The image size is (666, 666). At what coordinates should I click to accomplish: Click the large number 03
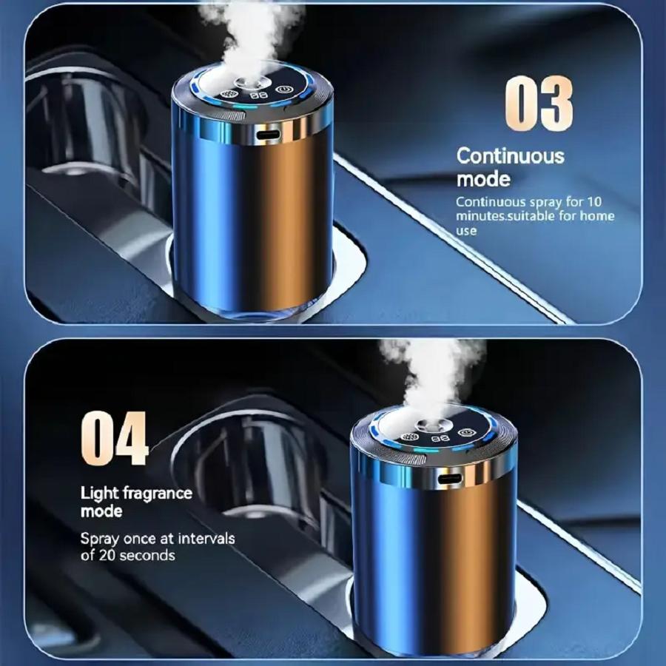pos(539,104)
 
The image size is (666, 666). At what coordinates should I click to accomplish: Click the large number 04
pos(115,437)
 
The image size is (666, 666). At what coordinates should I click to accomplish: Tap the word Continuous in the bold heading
pos(510,156)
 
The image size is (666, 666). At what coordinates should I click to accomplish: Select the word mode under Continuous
pos(483,179)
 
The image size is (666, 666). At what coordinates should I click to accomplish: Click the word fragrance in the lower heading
pos(158,494)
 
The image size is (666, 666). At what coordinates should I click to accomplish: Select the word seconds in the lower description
pos(148,554)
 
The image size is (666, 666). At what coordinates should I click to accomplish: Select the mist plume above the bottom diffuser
pos(433,374)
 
